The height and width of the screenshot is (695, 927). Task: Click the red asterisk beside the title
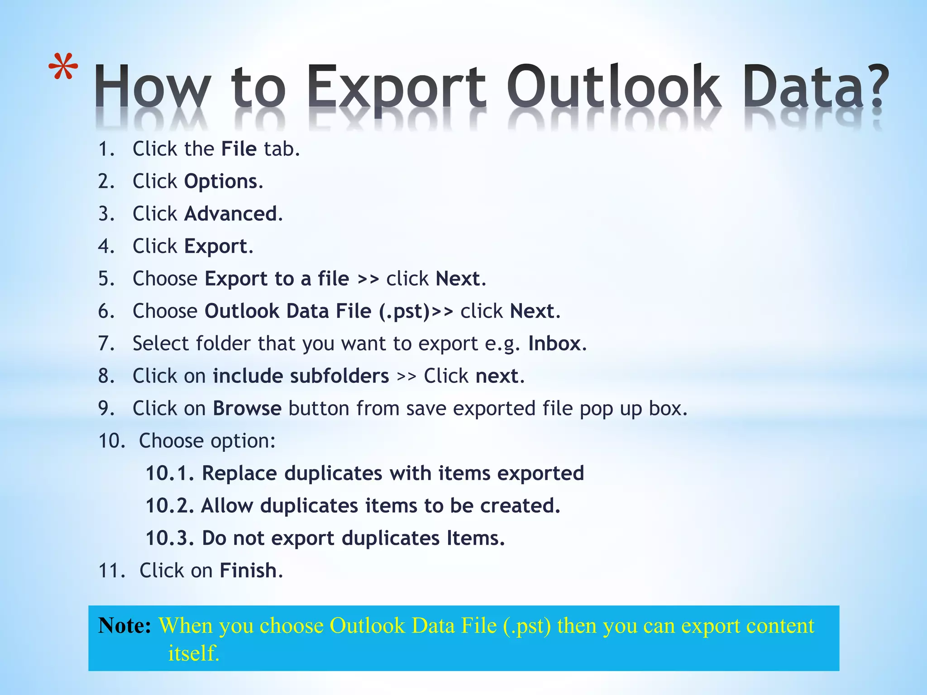coord(63,67)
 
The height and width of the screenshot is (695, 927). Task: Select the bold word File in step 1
coord(239,149)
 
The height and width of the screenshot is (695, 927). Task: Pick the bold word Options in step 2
coord(221,182)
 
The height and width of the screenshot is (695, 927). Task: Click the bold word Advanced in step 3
coord(230,214)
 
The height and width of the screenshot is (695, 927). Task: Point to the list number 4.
coord(106,247)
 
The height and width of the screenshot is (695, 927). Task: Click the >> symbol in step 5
coord(368,279)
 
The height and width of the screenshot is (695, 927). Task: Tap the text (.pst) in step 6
coord(404,312)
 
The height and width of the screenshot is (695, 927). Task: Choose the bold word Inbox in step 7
coord(554,344)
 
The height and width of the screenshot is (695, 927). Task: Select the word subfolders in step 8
coord(339,376)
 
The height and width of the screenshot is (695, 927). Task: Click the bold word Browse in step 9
coord(247,409)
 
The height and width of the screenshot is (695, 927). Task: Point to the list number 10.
coord(111,441)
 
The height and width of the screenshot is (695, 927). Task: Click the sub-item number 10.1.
coord(169,474)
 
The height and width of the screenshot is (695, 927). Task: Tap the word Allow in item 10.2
coord(227,506)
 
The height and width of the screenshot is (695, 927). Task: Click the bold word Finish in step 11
coord(248,571)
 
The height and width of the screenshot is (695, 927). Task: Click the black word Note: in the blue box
coord(124,626)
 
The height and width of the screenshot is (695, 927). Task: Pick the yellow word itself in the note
coord(193,653)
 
